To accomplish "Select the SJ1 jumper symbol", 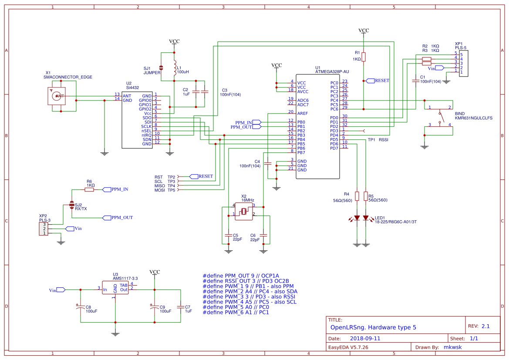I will [x=161, y=68].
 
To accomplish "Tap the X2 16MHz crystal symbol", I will [x=244, y=212].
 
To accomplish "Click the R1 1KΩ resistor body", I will [x=364, y=57].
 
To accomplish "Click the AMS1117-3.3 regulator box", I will [x=115, y=288].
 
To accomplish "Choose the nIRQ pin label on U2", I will [x=146, y=135].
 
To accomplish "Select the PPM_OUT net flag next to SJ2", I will [x=118, y=218].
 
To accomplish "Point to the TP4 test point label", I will [x=171, y=186].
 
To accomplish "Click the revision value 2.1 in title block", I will [x=485, y=326].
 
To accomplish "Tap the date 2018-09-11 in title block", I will [x=365, y=338].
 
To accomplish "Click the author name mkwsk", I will [x=453, y=347].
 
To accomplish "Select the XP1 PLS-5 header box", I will [x=461, y=63].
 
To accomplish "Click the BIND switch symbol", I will [x=441, y=117].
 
